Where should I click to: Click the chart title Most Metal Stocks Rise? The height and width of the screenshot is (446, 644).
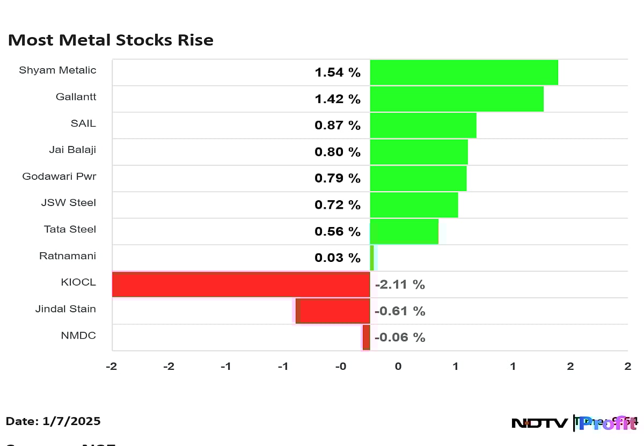111,40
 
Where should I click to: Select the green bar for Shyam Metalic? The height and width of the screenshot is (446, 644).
464,72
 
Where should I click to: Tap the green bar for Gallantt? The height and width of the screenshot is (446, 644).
457,99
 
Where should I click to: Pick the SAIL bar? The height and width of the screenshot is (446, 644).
423,125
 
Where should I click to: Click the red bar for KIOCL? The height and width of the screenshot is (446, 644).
241,284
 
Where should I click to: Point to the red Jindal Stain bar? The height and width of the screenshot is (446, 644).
333,311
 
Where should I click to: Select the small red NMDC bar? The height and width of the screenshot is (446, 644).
366,338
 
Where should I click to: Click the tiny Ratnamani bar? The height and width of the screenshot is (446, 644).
372,258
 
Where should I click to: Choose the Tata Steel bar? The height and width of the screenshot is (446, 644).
404,231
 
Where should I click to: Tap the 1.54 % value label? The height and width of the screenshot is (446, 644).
338,72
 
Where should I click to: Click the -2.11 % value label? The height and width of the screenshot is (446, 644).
400,284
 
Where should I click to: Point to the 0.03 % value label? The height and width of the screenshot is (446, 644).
338,258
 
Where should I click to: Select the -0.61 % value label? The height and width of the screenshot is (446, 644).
400,311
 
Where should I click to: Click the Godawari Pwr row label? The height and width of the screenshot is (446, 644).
59,176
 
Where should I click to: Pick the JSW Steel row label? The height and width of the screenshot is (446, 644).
69,202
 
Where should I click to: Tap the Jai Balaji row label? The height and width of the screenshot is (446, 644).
72,150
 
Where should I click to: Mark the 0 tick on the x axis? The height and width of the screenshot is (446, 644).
398,367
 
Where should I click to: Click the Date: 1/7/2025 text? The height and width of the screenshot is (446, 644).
53,421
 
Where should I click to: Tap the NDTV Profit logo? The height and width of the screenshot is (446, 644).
574,423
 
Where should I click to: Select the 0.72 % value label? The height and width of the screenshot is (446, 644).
338,205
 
